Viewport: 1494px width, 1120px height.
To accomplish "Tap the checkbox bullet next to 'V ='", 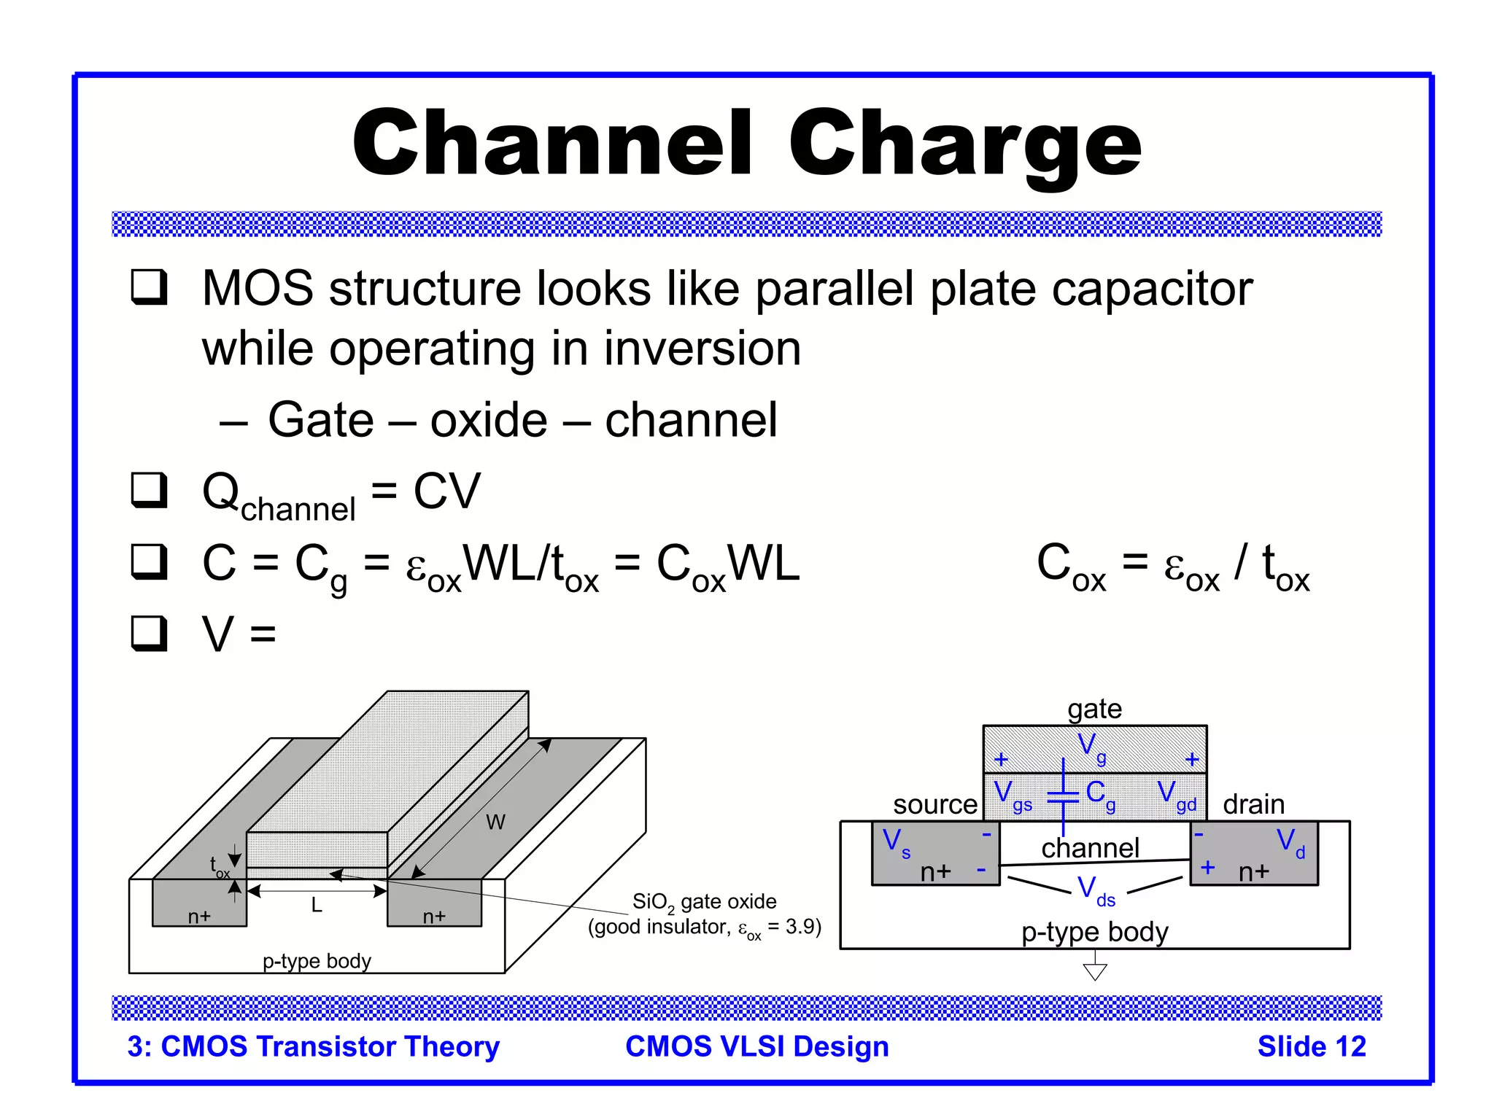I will click(x=149, y=632).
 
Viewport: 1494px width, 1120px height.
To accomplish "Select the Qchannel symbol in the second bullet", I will click(x=278, y=496).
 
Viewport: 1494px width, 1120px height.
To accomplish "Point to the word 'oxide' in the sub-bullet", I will click(x=488, y=421).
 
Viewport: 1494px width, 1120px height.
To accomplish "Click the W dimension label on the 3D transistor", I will click(x=495, y=822).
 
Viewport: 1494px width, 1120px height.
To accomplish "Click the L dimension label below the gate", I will click(x=316, y=905).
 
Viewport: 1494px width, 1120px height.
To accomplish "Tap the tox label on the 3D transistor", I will click(x=218, y=867).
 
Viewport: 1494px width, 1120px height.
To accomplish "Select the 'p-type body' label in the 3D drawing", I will click(x=317, y=960).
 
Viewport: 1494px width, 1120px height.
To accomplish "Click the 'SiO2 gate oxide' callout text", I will click(x=704, y=902).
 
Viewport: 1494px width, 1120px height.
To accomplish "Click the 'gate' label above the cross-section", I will click(x=1094, y=709).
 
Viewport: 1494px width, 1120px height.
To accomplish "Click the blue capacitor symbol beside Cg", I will click(x=1063, y=796).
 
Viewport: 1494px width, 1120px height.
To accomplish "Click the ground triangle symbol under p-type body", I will click(x=1094, y=971).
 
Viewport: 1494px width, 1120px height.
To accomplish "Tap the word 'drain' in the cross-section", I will click(x=1253, y=804).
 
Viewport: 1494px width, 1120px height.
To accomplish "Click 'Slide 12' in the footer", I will click(x=1311, y=1046).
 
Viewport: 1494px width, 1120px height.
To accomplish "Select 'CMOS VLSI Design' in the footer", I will click(x=756, y=1046).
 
